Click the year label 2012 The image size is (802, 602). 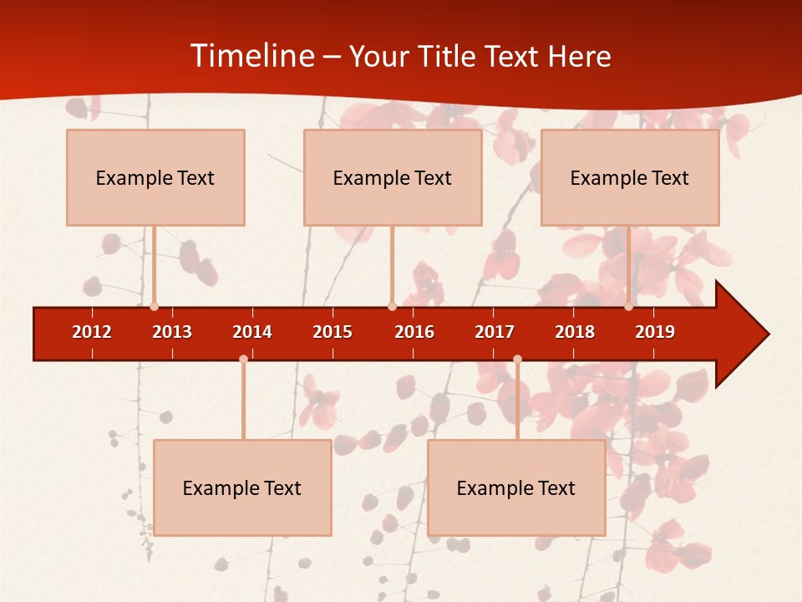click(x=92, y=332)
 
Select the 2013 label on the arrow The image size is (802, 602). click(x=172, y=332)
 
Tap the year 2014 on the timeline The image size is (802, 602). click(x=252, y=332)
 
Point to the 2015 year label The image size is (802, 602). click(x=332, y=332)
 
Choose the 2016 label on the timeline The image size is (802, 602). click(x=414, y=332)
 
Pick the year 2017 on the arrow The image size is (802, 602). click(x=495, y=332)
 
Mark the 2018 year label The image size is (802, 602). click(x=575, y=332)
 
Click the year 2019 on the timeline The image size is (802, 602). click(x=655, y=332)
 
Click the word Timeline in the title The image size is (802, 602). click(x=251, y=56)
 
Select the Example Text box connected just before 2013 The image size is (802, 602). click(x=155, y=177)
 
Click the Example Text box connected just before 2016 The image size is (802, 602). click(x=393, y=177)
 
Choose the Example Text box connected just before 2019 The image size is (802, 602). click(x=630, y=177)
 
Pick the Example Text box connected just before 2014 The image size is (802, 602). click(x=242, y=487)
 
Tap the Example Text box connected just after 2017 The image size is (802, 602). click(x=516, y=487)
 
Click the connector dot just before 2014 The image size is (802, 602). click(x=243, y=359)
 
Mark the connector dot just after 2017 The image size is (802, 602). click(x=517, y=359)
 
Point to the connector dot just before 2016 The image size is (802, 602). click(x=392, y=307)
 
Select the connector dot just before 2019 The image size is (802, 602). click(x=628, y=307)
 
